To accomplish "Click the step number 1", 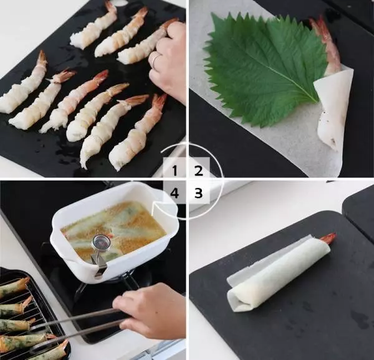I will click(175, 169).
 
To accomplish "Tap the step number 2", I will click(198, 169).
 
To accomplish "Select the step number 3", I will click(198, 193).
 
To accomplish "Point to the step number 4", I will click(175, 193).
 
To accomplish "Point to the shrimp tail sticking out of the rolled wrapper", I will click(328, 238).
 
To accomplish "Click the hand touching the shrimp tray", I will click(170, 62).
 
